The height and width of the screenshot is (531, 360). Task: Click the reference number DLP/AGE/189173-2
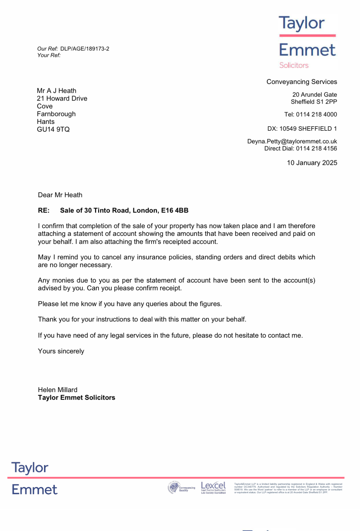coord(85,49)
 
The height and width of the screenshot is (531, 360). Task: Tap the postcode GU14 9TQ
coord(53,129)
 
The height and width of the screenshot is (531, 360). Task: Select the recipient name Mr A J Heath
coord(57,91)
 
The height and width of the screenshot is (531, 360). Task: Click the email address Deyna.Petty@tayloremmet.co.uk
coord(292,141)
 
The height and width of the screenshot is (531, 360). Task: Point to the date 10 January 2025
coord(312,163)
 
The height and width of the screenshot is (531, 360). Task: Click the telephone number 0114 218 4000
coord(316,114)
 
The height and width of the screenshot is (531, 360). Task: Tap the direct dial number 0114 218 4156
coord(316,149)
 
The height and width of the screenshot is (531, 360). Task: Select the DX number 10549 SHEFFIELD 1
coord(308,129)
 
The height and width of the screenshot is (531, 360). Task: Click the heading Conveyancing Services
coord(302,82)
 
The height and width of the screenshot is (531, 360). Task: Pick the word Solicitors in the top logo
coord(294,65)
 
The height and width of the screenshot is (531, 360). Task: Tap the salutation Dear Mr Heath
coord(60,195)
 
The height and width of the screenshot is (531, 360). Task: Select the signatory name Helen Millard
coord(58,390)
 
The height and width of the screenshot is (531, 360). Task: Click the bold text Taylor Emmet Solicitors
coord(76,398)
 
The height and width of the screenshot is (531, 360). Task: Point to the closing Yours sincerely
coord(61,351)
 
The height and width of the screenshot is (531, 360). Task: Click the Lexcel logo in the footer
coord(213,487)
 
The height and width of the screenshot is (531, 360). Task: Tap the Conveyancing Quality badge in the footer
coord(181,488)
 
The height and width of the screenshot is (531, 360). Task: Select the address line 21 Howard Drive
coord(62,98)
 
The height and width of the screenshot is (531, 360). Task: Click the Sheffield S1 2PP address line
coord(314,102)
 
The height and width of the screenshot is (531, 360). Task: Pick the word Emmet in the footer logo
coord(34,489)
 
